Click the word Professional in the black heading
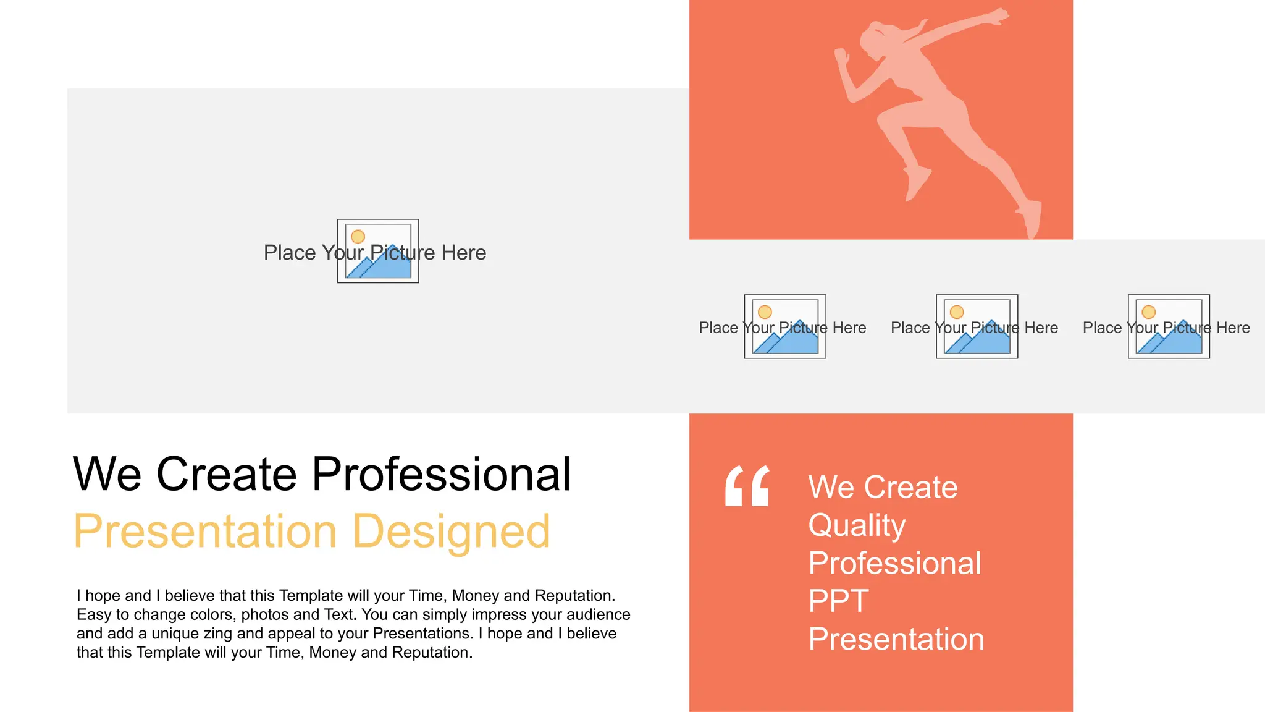click(441, 475)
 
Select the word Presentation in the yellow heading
click(205, 532)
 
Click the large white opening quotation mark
click(747, 486)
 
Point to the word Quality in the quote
click(857, 525)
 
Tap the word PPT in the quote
click(838, 601)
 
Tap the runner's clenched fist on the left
click(841, 57)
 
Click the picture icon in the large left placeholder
click(378, 251)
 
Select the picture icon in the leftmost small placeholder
click(785, 326)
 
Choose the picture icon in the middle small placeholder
click(977, 326)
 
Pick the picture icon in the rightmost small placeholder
click(1169, 326)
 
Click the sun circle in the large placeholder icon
click(358, 237)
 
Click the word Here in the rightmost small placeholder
click(1233, 328)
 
